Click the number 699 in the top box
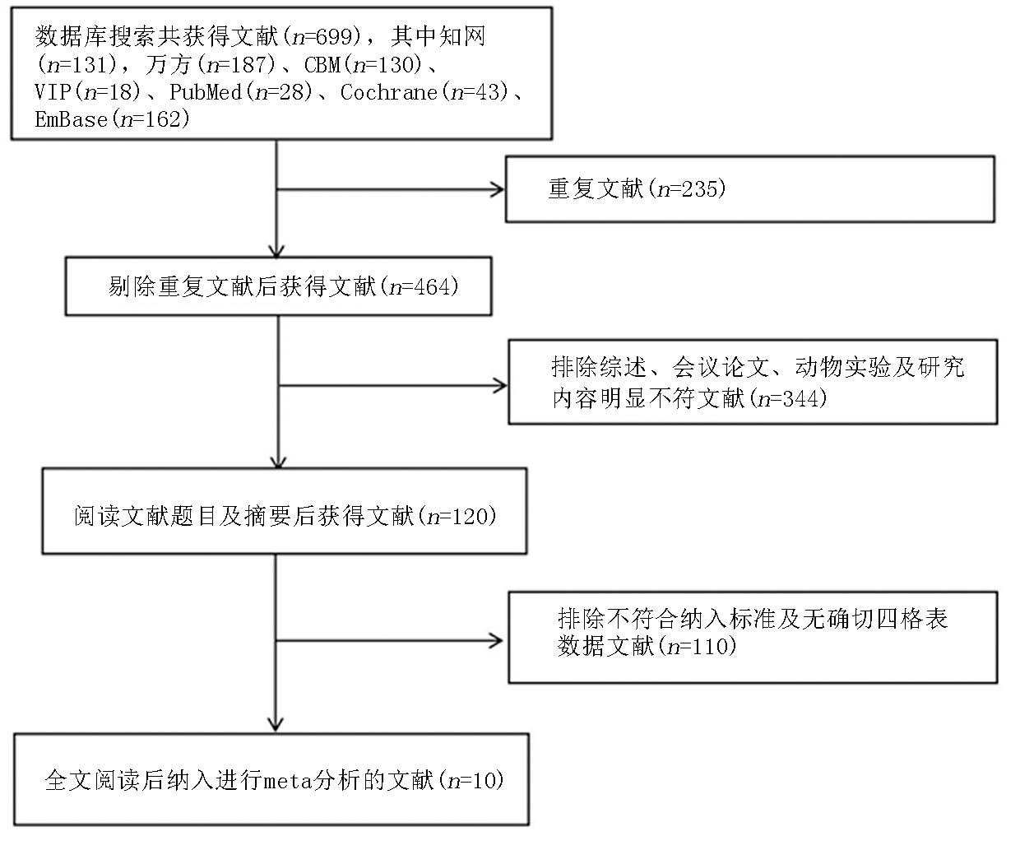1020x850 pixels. (x=334, y=36)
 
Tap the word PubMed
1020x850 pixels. (x=206, y=92)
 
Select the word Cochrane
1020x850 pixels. (x=389, y=92)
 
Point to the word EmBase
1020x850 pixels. (x=72, y=119)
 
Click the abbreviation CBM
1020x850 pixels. (x=322, y=64)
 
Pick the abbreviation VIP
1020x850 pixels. (x=53, y=92)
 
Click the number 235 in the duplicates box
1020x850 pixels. (x=700, y=188)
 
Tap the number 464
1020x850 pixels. (x=433, y=286)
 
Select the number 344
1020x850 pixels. (x=801, y=398)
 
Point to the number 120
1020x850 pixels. (x=471, y=516)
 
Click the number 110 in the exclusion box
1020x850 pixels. (x=711, y=646)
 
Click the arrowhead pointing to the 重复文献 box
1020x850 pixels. (x=498, y=189)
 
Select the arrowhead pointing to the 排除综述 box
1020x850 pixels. (x=499, y=386)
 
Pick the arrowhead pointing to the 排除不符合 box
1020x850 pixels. (x=496, y=641)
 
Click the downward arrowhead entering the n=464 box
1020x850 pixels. (x=276, y=250)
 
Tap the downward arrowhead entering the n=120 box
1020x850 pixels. (x=279, y=462)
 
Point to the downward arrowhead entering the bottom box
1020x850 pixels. (x=276, y=724)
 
